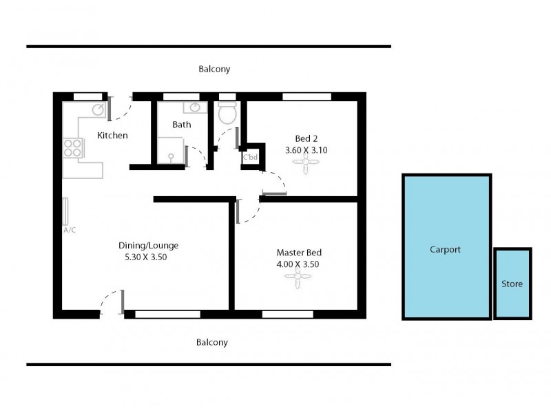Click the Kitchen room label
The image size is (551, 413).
click(x=112, y=136)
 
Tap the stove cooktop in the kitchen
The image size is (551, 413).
click(x=72, y=147)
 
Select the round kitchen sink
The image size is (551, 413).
click(x=98, y=109)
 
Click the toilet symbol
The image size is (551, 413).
click(x=227, y=114)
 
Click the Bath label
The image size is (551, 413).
click(x=182, y=125)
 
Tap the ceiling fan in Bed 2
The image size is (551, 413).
click(x=306, y=163)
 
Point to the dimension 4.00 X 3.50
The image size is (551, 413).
click(x=298, y=264)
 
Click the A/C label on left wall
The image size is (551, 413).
click(x=70, y=230)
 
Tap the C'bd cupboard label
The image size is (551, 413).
click(x=250, y=157)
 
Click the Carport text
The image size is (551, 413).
click(x=445, y=250)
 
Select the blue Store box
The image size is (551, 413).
click(x=512, y=284)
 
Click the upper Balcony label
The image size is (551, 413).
click(x=214, y=70)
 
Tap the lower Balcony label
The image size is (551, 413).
click(x=212, y=342)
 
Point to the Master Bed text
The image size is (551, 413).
click(x=299, y=252)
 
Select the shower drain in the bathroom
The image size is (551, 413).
click(x=171, y=158)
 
